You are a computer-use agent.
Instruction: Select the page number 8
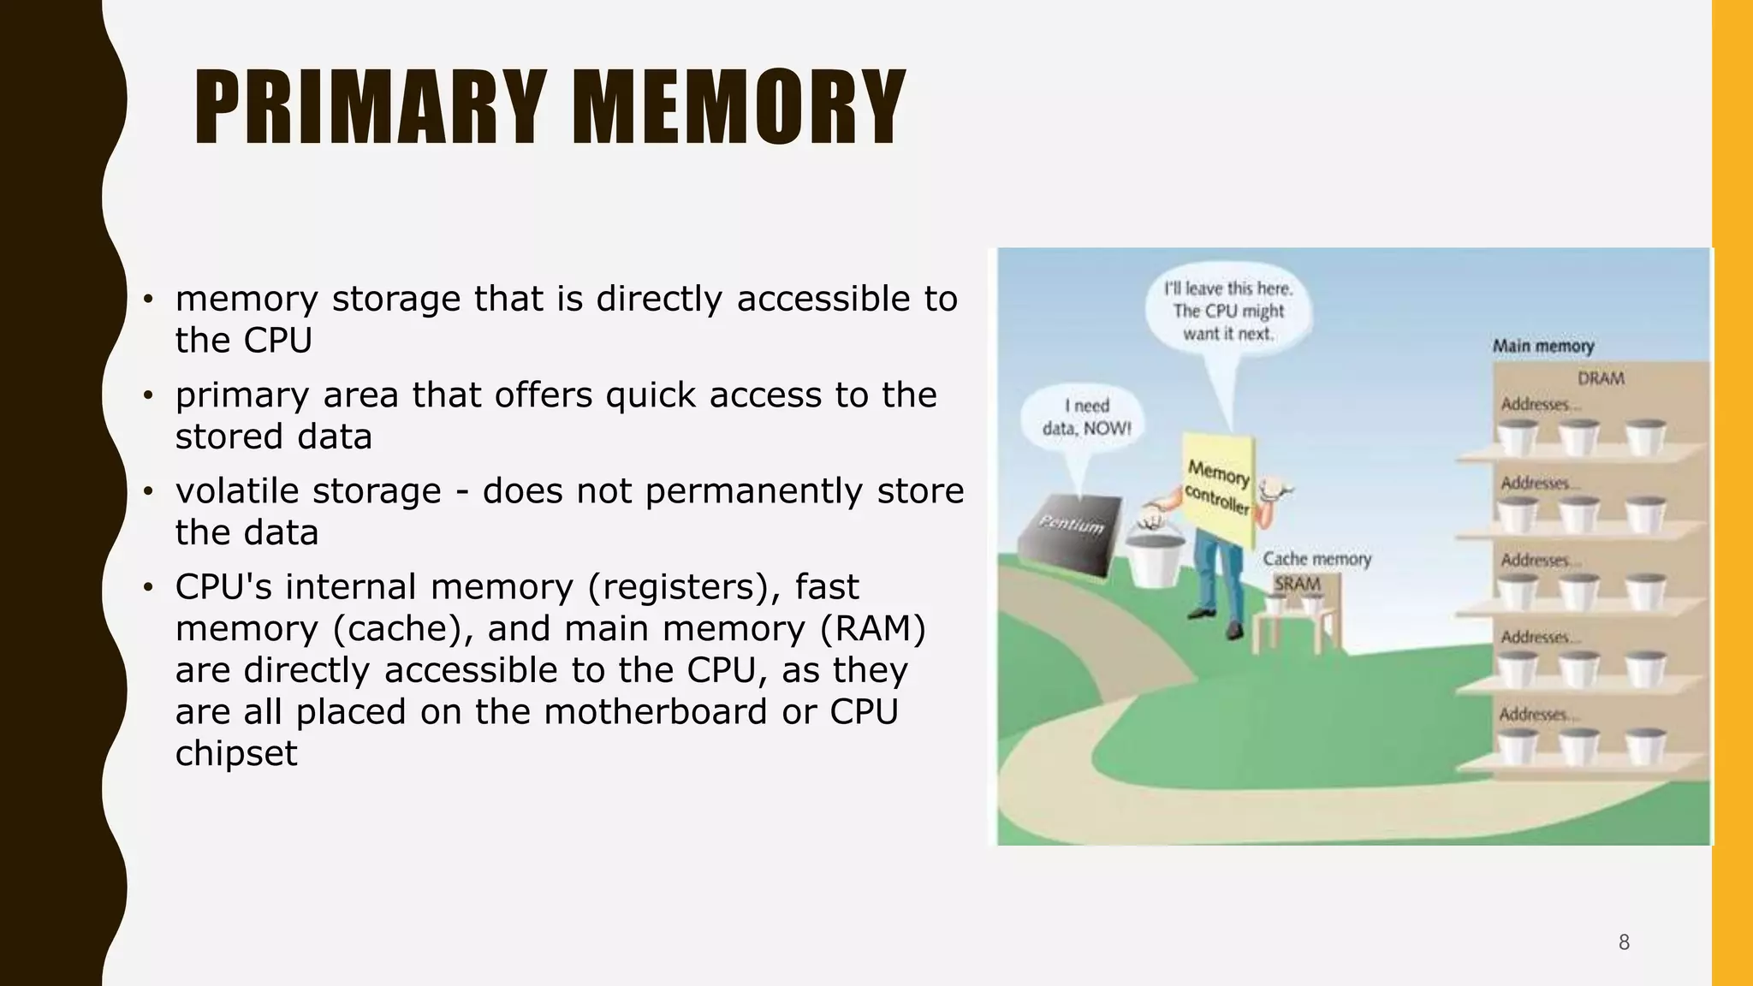pos(1624,942)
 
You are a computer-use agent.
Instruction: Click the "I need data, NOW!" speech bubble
pos(1085,418)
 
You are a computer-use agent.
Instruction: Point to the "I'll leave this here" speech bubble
pos(1227,312)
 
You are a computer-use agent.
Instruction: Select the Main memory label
pos(1542,347)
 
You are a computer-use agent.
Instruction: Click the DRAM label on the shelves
pos(1600,378)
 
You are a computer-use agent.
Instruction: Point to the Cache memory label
pos(1316,559)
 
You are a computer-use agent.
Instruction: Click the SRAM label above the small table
pos(1297,584)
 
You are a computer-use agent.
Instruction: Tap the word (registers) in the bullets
pos(692,587)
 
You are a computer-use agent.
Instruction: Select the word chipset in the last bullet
pos(236,753)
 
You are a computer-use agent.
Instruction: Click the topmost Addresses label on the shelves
pos(1536,404)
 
